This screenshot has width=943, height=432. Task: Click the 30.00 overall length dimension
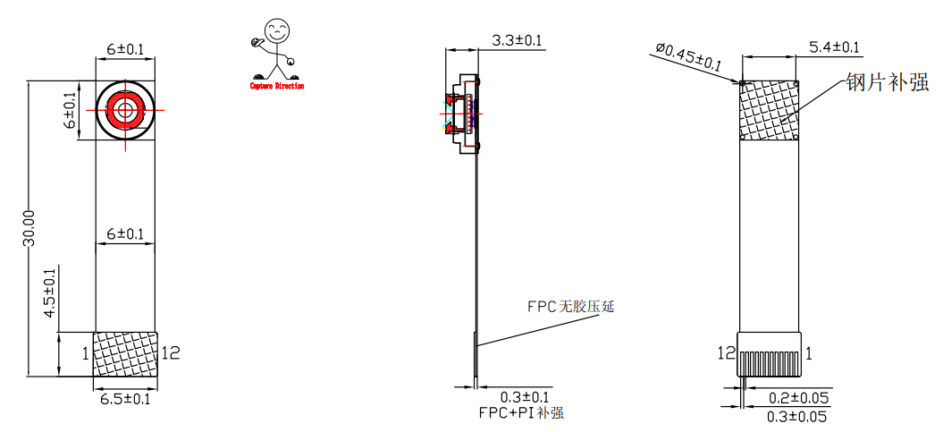pos(29,228)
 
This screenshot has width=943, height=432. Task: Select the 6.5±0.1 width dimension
pos(124,398)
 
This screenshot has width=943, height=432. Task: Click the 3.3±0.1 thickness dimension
pos(517,41)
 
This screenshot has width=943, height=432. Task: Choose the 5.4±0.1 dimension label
pos(834,47)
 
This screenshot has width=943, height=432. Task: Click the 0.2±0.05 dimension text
pos(799,398)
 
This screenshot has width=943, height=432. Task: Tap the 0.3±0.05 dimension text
pos(797,417)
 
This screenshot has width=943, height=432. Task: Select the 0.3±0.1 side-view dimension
pos(525,397)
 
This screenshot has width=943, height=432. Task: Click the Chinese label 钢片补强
pos(887,81)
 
